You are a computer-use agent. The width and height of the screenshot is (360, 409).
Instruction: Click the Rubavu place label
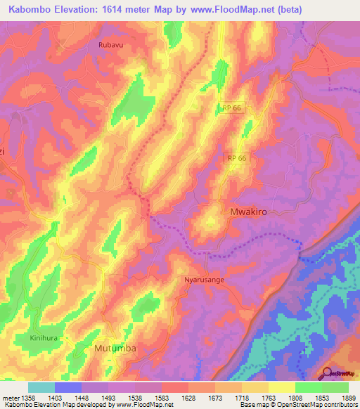pyautogui.click(x=104, y=44)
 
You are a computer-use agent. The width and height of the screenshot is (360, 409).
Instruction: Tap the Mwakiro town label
pyautogui.click(x=250, y=211)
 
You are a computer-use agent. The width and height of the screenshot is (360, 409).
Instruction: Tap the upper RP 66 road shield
pyautogui.click(x=231, y=108)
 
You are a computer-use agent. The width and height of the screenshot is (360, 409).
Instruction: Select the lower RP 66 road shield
pyautogui.click(x=237, y=158)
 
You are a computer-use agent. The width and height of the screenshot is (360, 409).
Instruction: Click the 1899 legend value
pyautogui.click(x=347, y=398)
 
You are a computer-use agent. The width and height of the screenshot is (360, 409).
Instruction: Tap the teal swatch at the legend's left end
pyautogui.click(x=41, y=387)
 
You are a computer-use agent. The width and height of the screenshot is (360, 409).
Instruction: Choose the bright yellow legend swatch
pyautogui.click(x=281, y=387)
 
